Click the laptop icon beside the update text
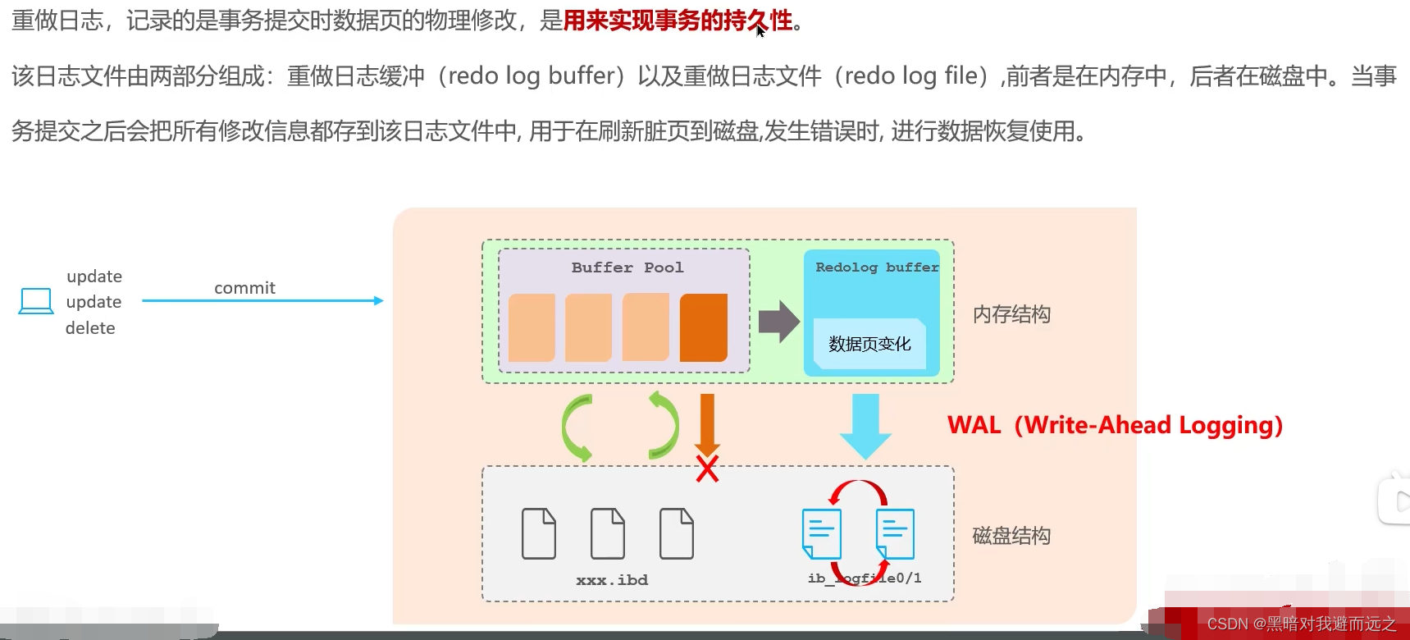click(35, 301)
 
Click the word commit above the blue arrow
click(244, 288)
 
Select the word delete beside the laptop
click(90, 328)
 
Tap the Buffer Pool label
click(627, 267)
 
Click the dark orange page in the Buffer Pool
click(704, 327)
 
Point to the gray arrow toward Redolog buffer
click(778, 321)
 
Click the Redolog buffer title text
click(876, 267)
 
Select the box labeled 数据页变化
click(869, 344)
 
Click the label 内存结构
click(1011, 314)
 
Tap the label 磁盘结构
click(1011, 536)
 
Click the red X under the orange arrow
click(707, 469)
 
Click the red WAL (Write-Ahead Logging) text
click(1114, 425)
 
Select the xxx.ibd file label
click(612, 580)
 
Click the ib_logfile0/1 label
click(865, 578)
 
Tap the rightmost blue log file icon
click(895, 533)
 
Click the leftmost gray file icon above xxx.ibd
click(539, 533)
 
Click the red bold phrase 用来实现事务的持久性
click(678, 21)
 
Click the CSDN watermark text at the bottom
click(1301, 624)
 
